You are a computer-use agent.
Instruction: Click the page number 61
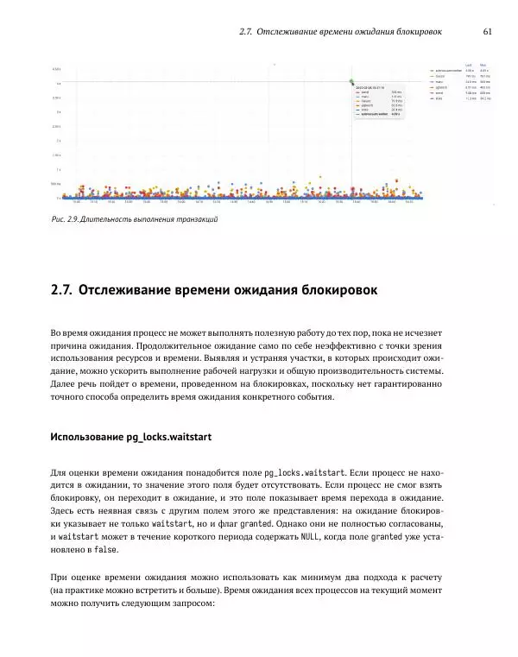pos(488,32)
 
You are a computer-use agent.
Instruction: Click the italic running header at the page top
pos(340,32)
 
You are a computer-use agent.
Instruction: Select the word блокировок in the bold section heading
pos(334,291)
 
